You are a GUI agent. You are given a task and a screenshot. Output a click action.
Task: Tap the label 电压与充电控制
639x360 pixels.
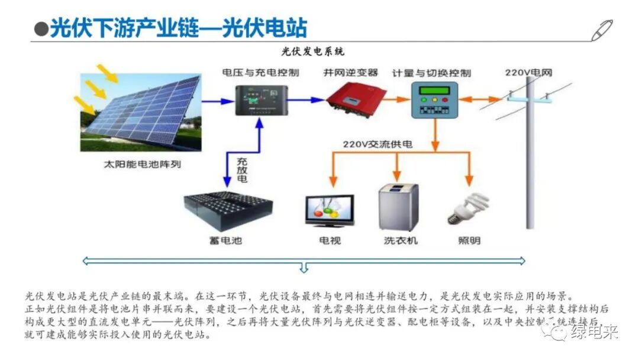(x=260, y=73)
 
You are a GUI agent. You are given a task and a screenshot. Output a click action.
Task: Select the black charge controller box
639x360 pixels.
(x=260, y=100)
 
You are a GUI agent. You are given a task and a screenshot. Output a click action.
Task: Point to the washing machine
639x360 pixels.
(x=398, y=207)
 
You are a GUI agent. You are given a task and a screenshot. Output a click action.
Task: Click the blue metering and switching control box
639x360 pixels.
(x=434, y=99)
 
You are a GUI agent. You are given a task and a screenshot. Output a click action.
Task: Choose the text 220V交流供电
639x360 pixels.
(x=377, y=144)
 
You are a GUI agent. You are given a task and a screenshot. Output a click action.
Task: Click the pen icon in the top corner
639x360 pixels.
(x=602, y=30)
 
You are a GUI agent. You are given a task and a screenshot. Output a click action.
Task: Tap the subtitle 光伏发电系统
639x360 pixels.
(x=314, y=52)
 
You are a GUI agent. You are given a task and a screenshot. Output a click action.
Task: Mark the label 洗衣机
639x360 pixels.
(x=401, y=240)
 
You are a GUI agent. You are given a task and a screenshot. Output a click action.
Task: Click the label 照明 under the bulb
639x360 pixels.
(x=469, y=240)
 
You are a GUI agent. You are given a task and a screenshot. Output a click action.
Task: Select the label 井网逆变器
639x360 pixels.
(x=350, y=72)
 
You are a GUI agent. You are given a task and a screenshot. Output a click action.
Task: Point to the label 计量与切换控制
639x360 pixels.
(x=432, y=73)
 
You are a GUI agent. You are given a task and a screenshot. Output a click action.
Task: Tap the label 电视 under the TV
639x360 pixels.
(x=330, y=240)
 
